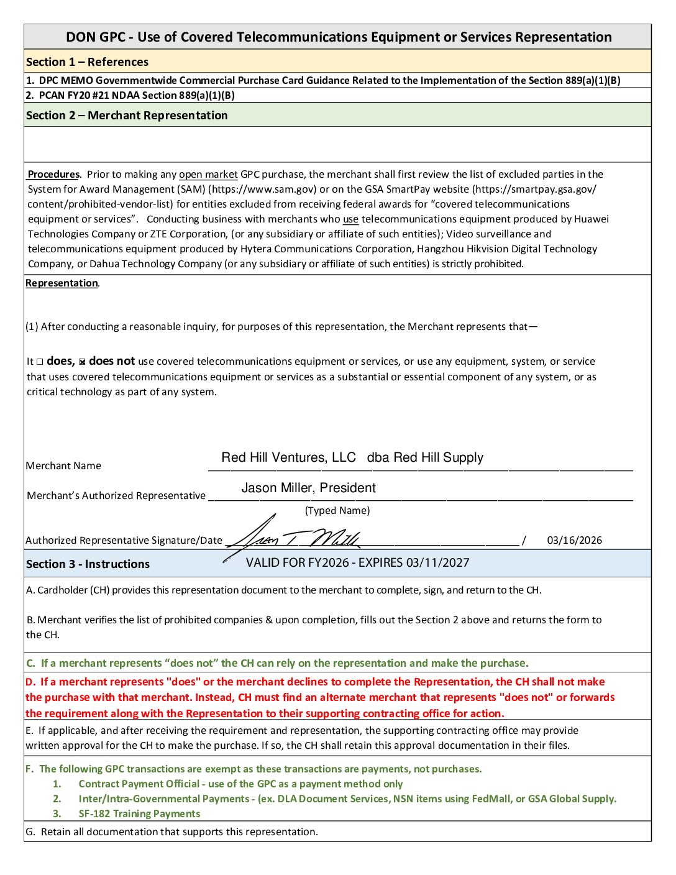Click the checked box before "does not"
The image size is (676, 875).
coord(82,362)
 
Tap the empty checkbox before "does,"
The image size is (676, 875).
coord(40,362)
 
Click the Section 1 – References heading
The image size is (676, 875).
coord(87,62)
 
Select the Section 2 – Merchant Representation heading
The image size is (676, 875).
coord(127,116)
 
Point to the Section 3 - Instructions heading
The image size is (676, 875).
coord(88,564)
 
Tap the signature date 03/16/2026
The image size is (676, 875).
coord(574,541)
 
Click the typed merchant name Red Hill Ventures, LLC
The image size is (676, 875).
coord(288,458)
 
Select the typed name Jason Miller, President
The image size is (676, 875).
coord(308,488)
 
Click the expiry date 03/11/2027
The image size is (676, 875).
coord(437,563)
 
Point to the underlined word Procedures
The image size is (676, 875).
coord(53,175)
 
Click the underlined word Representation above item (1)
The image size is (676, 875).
coord(62,283)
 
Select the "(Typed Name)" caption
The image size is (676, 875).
coord(337,511)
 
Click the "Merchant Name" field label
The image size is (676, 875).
coord(63,466)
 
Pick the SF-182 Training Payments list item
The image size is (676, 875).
coord(139,814)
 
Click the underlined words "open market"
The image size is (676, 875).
coord(208,175)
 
